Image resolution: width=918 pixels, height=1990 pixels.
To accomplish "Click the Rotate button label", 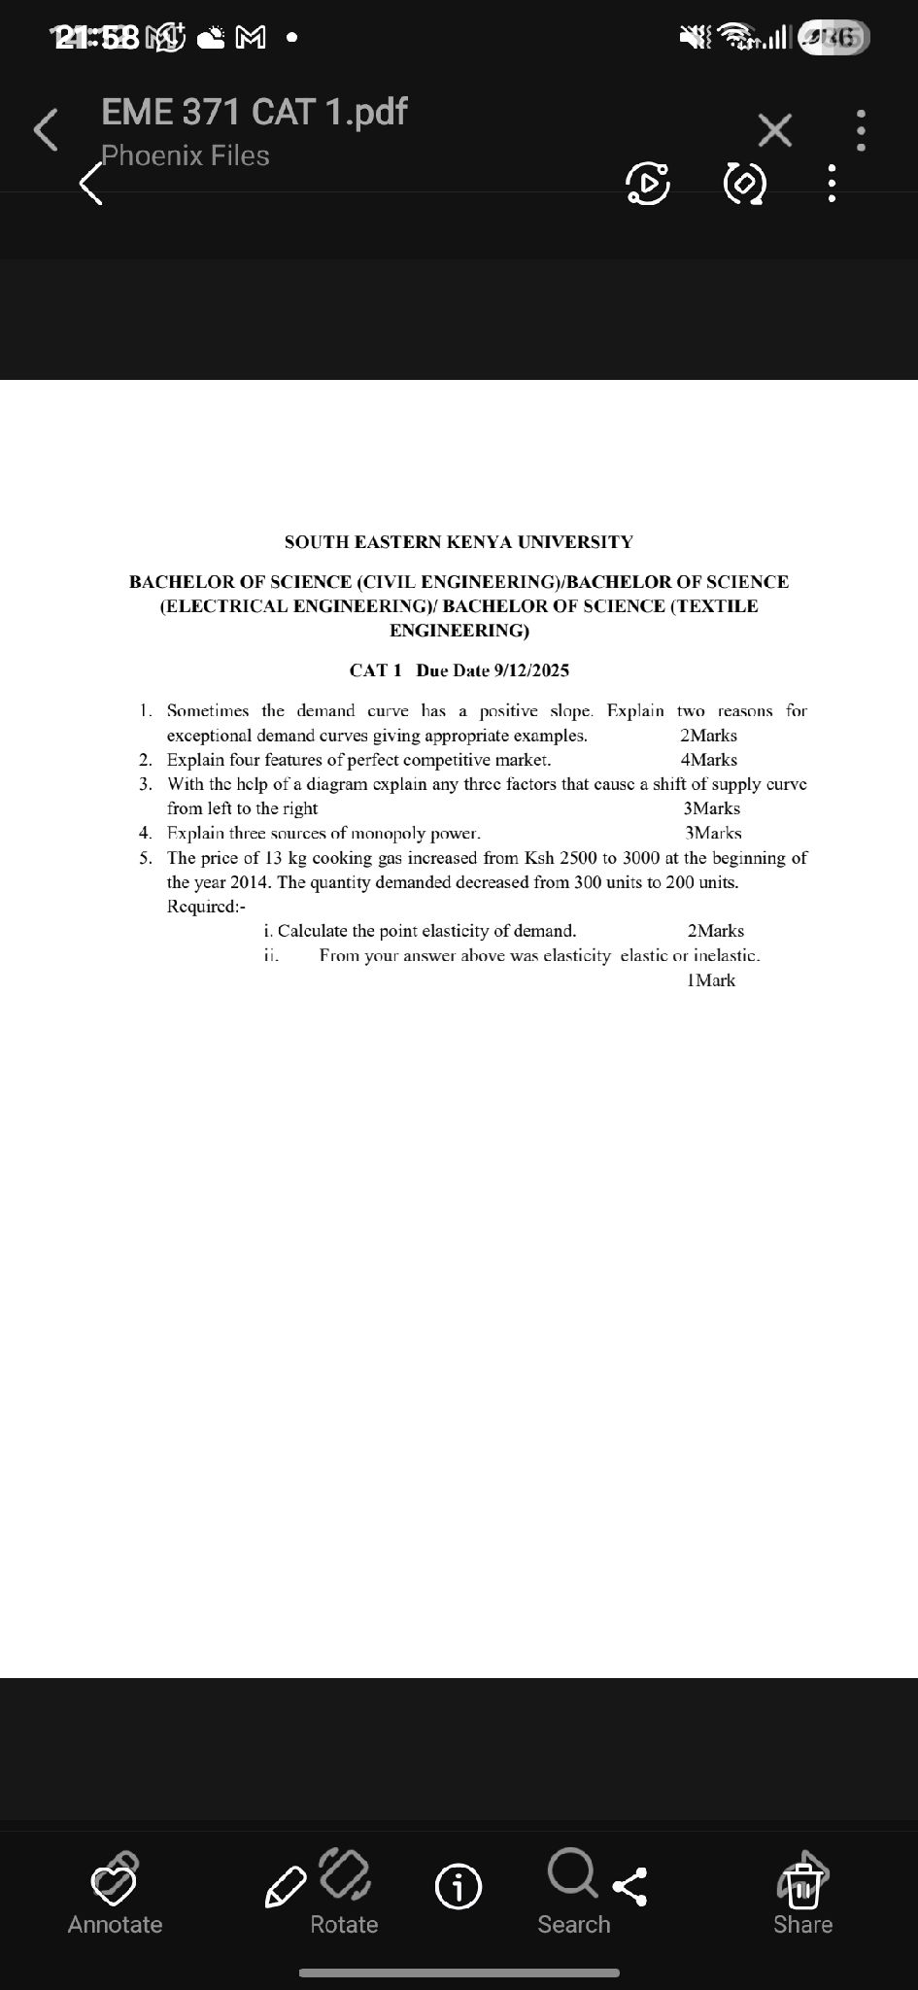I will (x=344, y=1924).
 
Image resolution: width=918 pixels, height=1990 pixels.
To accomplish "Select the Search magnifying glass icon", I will (x=572, y=1872).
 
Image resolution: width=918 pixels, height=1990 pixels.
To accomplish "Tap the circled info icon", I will (x=458, y=1887).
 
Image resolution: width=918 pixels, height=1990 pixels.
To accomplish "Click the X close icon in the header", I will (x=774, y=129).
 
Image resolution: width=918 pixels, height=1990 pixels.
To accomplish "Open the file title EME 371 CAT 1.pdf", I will (x=254, y=112).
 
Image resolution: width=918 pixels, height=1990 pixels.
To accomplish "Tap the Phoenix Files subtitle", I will (x=185, y=155).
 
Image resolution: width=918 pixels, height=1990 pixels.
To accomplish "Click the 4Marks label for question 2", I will (x=708, y=760).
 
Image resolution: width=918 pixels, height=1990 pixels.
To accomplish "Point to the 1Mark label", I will (x=710, y=980).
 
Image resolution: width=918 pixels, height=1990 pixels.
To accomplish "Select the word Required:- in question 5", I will (x=206, y=906).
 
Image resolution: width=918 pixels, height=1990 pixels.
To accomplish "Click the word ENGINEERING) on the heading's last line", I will (x=459, y=631).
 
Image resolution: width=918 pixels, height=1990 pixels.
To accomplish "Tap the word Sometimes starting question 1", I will (x=207, y=711).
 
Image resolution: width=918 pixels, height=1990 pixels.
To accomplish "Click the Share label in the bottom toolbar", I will (x=802, y=1924).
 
